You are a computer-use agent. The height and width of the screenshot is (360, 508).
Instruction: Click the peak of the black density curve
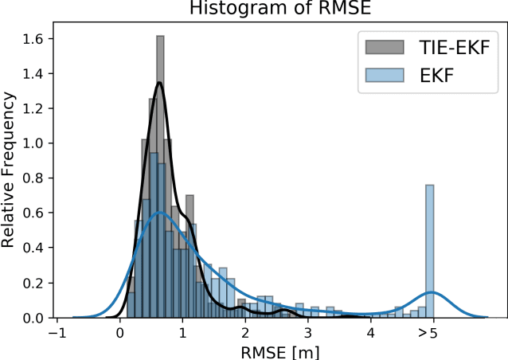(160, 83)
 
